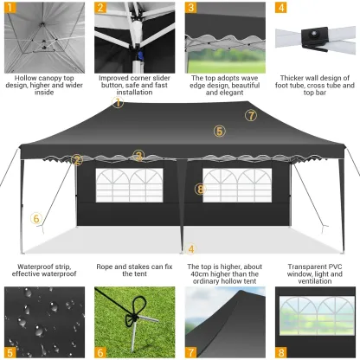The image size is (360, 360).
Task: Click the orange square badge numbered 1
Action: click(10, 9)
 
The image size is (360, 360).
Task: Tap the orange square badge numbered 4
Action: click(280, 9)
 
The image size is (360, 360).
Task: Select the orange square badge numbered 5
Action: click(10, 352)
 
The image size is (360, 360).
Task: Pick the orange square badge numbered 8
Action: click(280, 352)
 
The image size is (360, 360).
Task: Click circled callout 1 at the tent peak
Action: click(118, 102)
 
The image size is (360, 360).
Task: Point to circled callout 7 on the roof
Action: click(251, 115)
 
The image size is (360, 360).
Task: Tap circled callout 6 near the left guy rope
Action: click(36, 218)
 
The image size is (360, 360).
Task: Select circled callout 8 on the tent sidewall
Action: click(200, 189)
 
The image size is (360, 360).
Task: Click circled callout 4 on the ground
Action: click(191, 248)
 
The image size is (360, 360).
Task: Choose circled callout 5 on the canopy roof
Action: click(220, 132)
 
